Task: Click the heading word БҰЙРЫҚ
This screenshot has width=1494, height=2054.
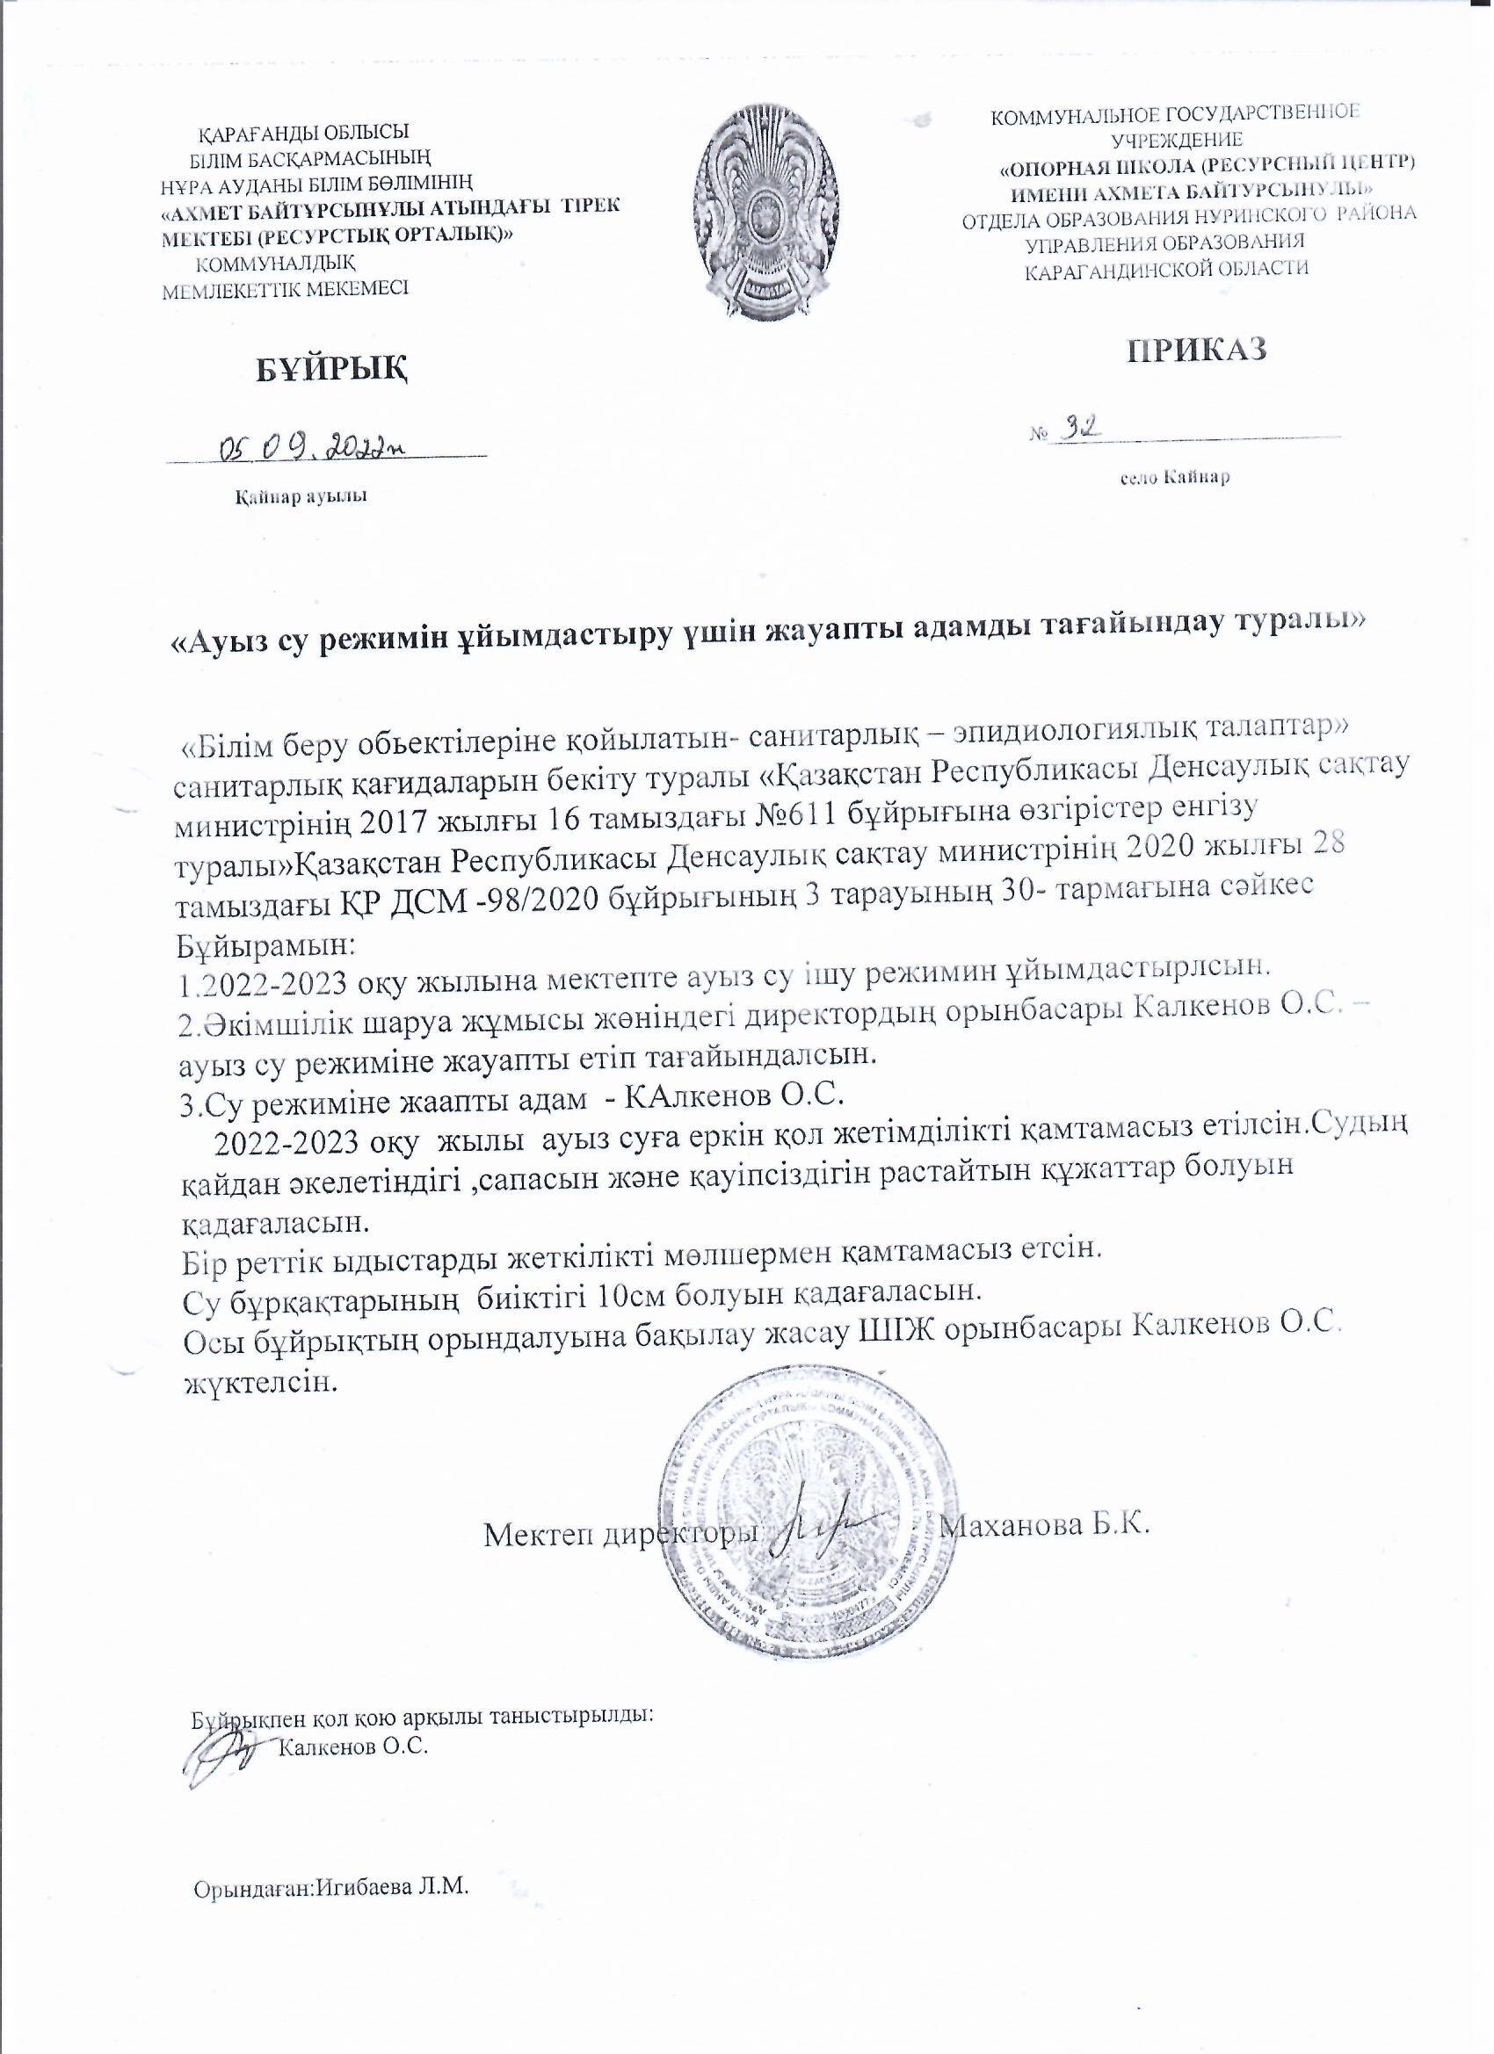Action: (328, 368)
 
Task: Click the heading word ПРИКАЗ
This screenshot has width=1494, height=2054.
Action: (1195, 350)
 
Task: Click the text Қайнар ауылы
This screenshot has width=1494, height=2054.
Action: (301, 496)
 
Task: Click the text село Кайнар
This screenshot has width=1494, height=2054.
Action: (1174, 477)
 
